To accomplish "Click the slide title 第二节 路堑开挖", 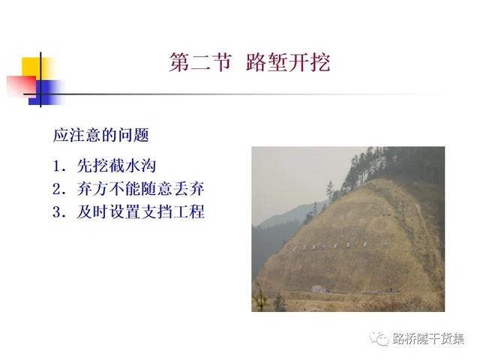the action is pos(250,62).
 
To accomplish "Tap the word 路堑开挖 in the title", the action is pos(288,62).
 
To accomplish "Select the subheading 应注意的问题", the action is pos(101,135).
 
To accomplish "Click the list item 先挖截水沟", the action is pos(117,166).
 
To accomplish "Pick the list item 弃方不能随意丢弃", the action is pos(140,188).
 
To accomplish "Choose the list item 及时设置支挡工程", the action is pos(140,211).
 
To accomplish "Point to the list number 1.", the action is pos(58,166).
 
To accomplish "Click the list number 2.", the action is pos(58,189).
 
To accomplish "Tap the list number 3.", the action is pos(58,212).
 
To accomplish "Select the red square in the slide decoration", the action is pos(21,85).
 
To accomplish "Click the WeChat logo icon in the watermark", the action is pos(379,338).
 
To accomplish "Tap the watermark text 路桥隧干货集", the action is pos(428,339).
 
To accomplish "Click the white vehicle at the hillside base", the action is pos(319,289).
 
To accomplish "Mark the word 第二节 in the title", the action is pos(199,62).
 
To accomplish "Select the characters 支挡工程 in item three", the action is pos(172,211).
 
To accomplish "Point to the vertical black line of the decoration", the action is pos(40,79).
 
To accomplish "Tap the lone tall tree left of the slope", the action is pos(329,191).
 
